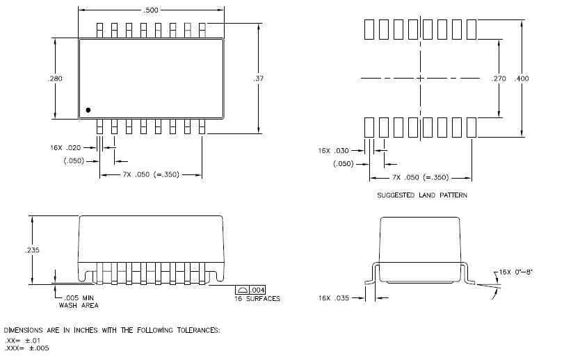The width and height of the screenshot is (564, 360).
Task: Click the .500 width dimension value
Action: coord(150,10)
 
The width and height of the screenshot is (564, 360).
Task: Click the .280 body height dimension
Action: coord(56,79)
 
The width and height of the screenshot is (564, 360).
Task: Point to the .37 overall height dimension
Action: coord(259,79)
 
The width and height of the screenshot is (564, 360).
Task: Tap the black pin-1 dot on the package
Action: coord(88,110)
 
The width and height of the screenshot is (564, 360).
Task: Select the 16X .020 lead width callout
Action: coord(67,148)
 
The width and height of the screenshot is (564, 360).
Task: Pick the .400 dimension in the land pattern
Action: coord(521,79)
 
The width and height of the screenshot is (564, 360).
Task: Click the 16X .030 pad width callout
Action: coord(333,151)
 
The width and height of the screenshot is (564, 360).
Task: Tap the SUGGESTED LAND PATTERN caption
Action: coord(422,196)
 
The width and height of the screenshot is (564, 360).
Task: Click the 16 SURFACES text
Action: coord(257,299)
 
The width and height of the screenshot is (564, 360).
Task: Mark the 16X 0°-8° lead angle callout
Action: coord(517,272)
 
